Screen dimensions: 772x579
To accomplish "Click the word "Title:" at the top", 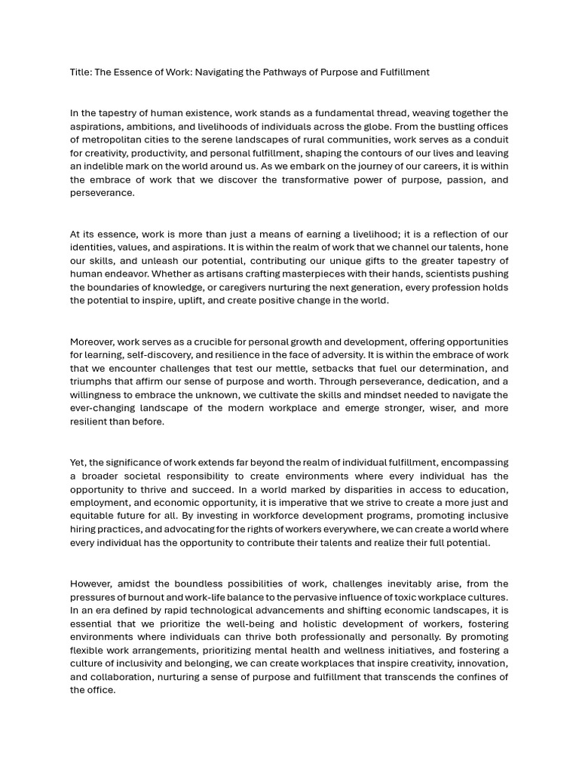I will [81, 72].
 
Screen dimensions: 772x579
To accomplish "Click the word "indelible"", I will [91, 167].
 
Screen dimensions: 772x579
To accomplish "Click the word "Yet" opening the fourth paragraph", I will [78, 462].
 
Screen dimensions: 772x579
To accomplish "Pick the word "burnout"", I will [142, 597].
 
